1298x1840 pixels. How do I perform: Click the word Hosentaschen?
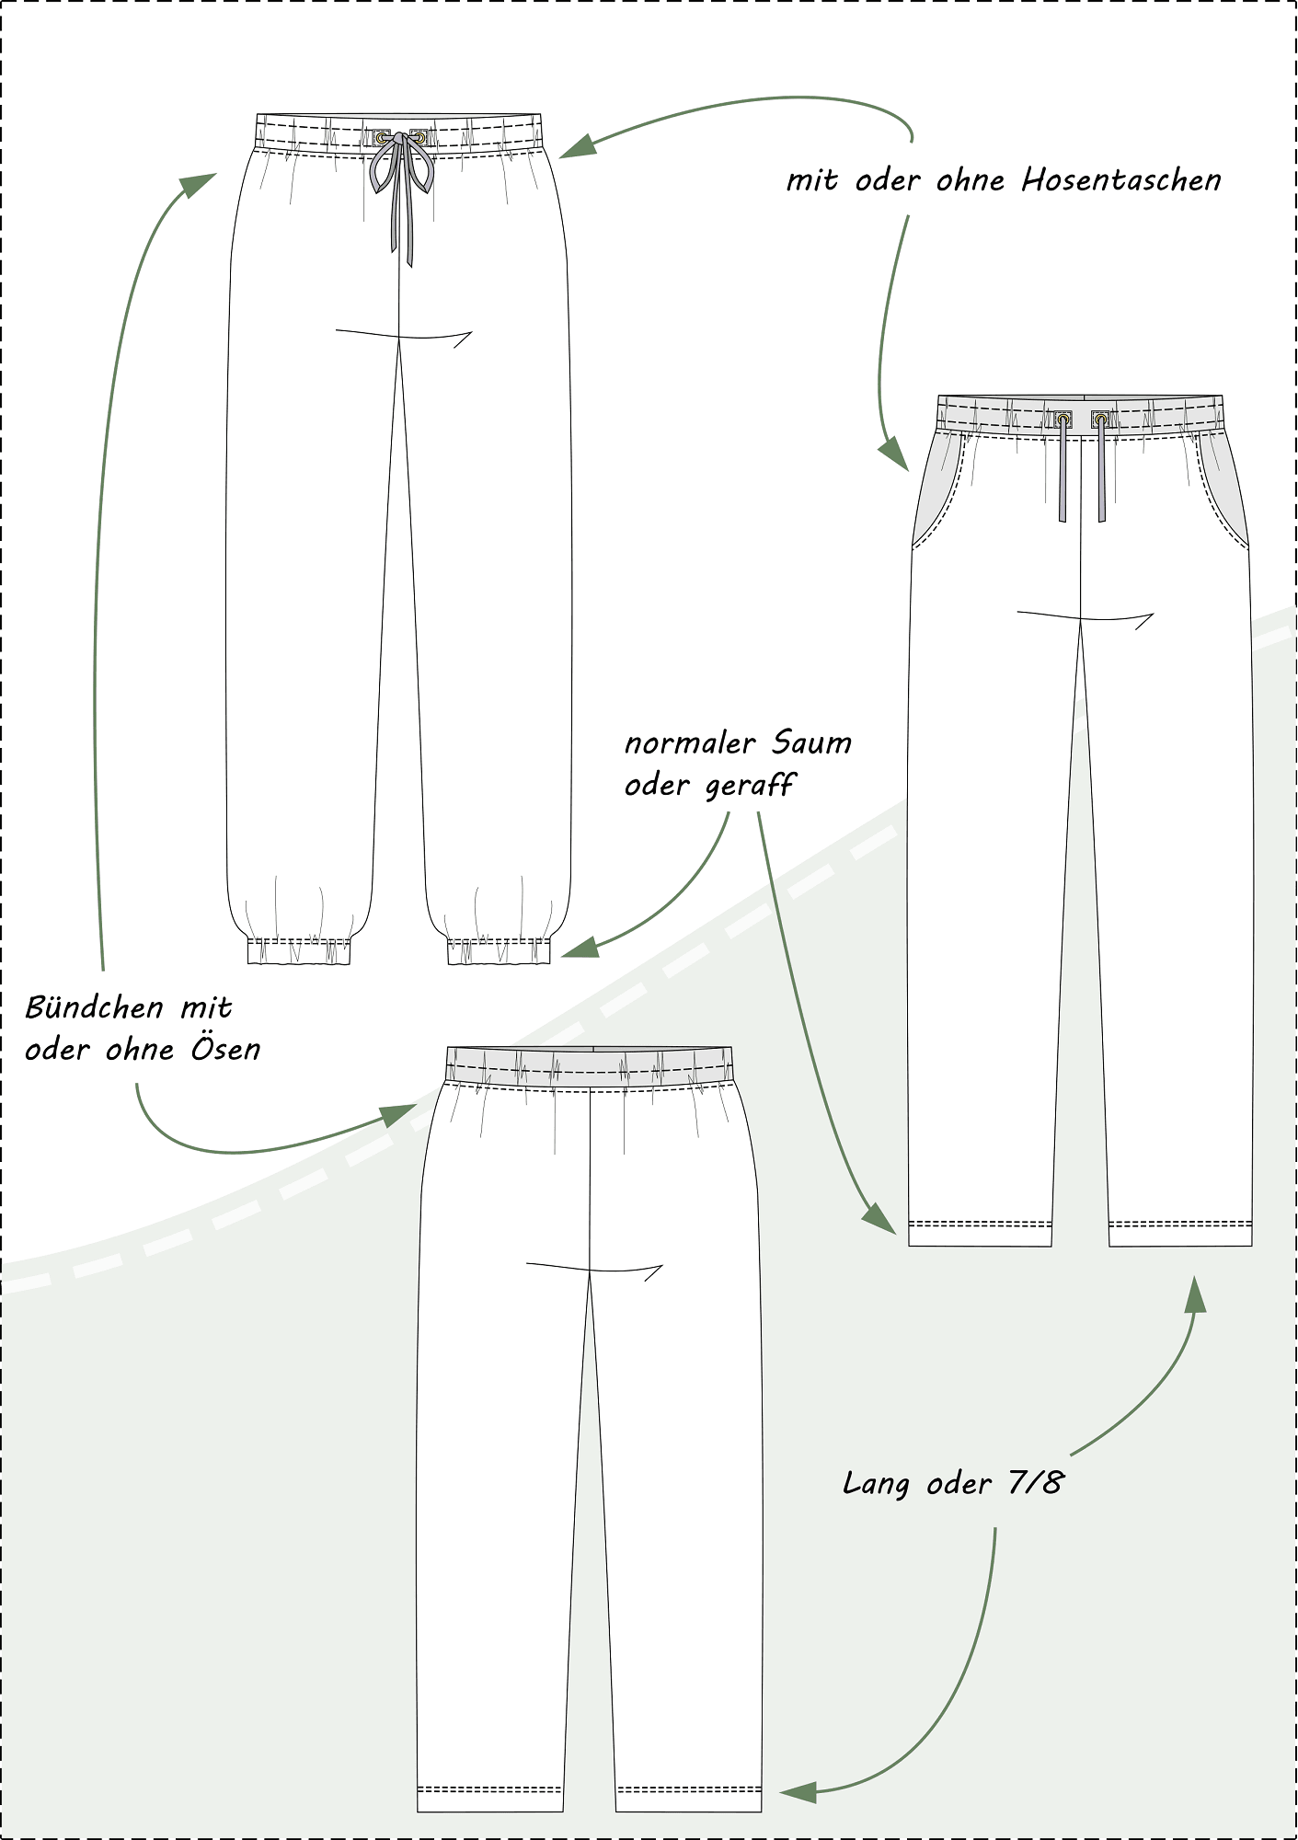[1121, 181]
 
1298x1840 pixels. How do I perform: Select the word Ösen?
[226, 1050]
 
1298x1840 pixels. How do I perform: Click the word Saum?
[812, 743]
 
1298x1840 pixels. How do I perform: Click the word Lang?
[876, 1484]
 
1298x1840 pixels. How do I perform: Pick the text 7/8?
[1035, 1482]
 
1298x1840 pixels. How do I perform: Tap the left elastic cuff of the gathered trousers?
[299, 951]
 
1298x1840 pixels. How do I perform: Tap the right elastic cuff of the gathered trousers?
[499, 951]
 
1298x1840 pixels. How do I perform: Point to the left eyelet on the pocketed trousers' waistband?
[1063, 420]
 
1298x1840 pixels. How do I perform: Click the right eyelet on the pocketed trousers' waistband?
[1100, 420]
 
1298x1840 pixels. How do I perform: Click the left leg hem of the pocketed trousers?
[980, 1232]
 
